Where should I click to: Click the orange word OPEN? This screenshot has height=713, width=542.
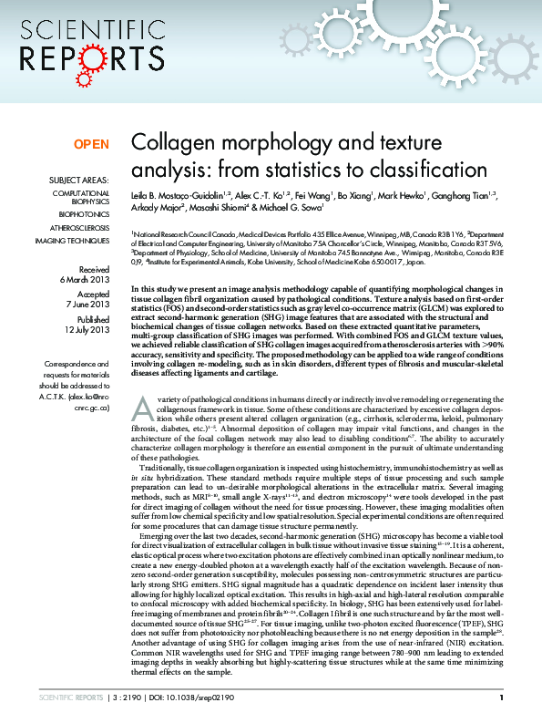(x=91, y=144)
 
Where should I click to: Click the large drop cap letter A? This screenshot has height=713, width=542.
(x=140, y=434)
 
